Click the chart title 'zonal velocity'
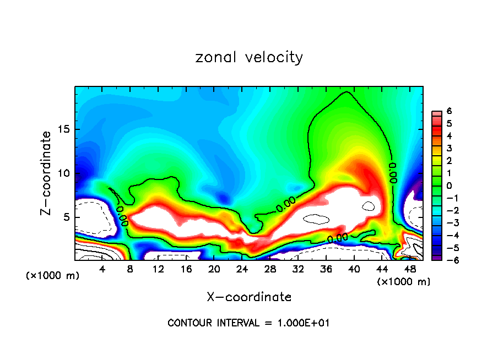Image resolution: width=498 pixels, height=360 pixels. (249, 57)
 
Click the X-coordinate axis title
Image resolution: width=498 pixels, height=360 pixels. (249, 297)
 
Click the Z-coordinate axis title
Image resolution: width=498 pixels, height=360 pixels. (48, 173)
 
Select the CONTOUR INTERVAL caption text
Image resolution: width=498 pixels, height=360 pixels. (248, 323)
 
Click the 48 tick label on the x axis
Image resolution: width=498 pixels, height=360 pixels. (409, 269)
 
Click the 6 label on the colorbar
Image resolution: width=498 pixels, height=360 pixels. (450, 111)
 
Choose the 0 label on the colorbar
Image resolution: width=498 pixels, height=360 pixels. (450, 186)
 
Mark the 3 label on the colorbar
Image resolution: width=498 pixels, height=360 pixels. (450, 149)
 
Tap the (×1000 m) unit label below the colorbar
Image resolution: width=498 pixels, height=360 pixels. (404, 282)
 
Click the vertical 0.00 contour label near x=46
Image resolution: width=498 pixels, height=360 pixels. (393, 172)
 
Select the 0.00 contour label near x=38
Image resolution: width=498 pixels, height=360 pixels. (337, 238)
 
